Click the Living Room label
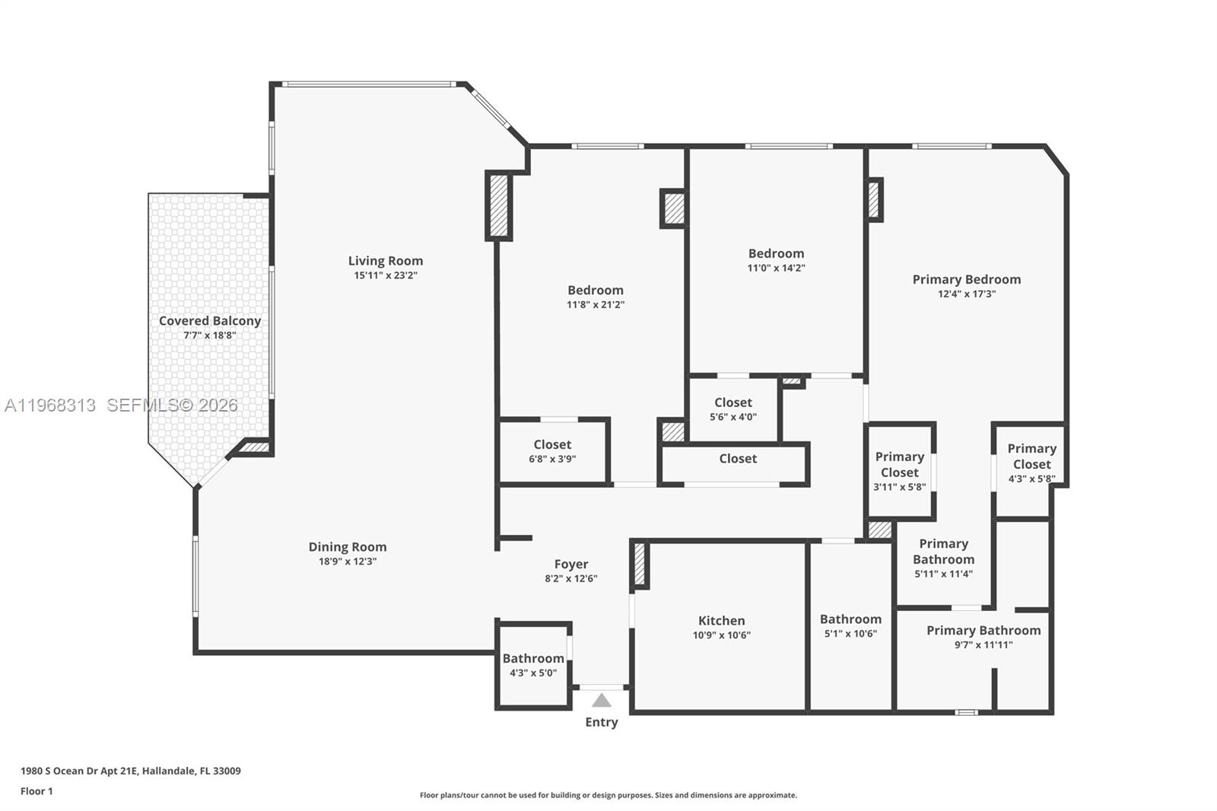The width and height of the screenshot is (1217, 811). tap(385, 261)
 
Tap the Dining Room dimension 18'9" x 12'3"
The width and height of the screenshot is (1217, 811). tap(348, 561)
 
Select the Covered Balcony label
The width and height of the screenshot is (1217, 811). tap(210, 321)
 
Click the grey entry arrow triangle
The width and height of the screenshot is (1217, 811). tap(602, 701)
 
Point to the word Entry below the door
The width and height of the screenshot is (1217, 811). tap(601, 722)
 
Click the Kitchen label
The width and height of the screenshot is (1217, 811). tap(721, 621)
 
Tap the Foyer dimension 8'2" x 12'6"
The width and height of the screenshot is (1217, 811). tap(570, 578)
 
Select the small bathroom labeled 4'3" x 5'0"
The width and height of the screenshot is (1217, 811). tap(533, 666)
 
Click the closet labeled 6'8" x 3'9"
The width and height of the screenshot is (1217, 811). tap(552, 451)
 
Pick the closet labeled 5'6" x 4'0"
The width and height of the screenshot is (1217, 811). tap(732, 409)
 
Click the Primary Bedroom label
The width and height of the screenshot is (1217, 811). tap(966, 279)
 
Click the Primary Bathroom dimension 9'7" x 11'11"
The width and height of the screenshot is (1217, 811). tap(983, 644)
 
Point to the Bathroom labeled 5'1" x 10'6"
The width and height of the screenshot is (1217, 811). tap(850, 625)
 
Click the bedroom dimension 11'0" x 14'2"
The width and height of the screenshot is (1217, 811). tap(776, 268)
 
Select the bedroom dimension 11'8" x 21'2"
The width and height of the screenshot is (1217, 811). tap(595, 304)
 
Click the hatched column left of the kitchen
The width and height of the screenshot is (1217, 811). tap(640, 564)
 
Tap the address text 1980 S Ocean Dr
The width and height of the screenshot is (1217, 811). tap(130, 771)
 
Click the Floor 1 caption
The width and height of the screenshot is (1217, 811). tap(37, 791)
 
